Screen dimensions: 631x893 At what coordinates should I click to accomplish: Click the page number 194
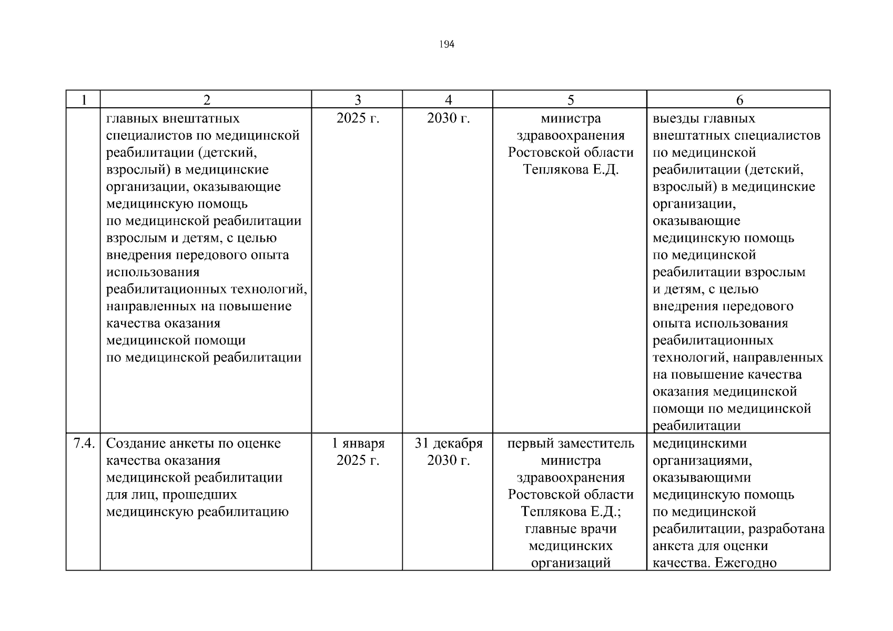(446, 45)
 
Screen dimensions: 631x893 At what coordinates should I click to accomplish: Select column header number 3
(358, 100)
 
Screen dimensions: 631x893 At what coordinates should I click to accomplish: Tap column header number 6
(739, 100)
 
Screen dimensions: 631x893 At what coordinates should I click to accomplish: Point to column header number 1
(83, 100)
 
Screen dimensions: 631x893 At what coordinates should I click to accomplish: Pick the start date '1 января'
(358, 444)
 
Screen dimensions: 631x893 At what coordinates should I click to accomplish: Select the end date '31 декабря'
(448, 444)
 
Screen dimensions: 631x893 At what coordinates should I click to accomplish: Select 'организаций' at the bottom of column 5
(571, 563)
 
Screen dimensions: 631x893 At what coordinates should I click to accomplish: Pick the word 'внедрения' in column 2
(137, 256)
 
